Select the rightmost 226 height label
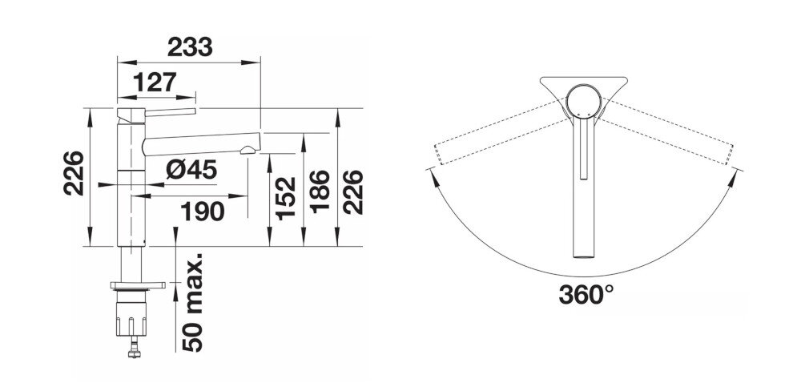(353, 191)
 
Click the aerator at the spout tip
(251, 148)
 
